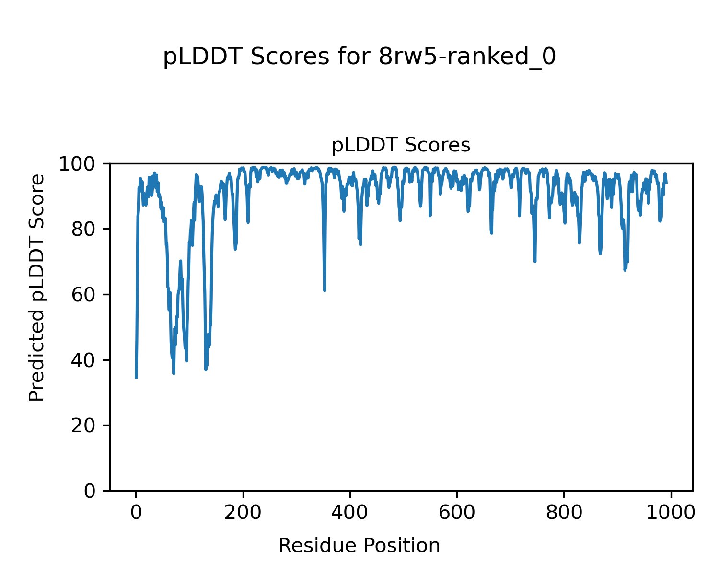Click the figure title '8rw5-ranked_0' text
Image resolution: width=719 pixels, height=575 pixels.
tap(467, 57)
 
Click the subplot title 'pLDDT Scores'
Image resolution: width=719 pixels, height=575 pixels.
tap(401, 145)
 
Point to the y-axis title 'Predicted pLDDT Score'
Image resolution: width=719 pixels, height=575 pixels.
tap(37, 287)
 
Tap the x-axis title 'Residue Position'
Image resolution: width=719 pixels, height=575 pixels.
tap(359, 545)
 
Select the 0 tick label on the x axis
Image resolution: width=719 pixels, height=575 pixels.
tap(136, 512)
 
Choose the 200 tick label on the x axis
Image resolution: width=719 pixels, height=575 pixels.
tap(243, 512)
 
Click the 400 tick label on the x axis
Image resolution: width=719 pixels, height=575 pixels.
tap(350, 512)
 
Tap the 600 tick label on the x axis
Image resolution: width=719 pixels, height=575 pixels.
tap(457, 512)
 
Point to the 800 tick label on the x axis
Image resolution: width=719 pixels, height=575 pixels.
tap(564, 512)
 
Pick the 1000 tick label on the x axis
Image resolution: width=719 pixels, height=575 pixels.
tap(671, 512)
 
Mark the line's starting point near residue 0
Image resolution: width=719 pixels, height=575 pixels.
tap(136, 378)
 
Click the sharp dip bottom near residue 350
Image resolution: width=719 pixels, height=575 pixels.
tap(325, 290)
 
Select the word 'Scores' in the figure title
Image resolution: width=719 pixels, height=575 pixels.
tap(290, 57)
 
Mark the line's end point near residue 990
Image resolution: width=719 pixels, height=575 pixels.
tap(667, 183)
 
